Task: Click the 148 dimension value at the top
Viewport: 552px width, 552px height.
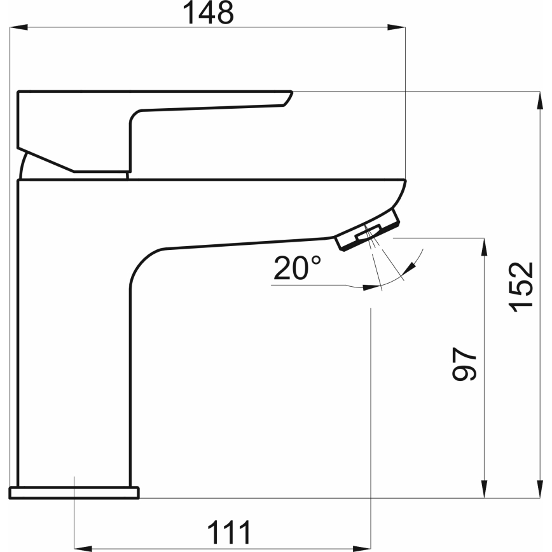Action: coord(209,13)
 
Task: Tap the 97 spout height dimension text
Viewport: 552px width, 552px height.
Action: coord(465,364)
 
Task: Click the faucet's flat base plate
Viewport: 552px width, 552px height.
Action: coord(74,492)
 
